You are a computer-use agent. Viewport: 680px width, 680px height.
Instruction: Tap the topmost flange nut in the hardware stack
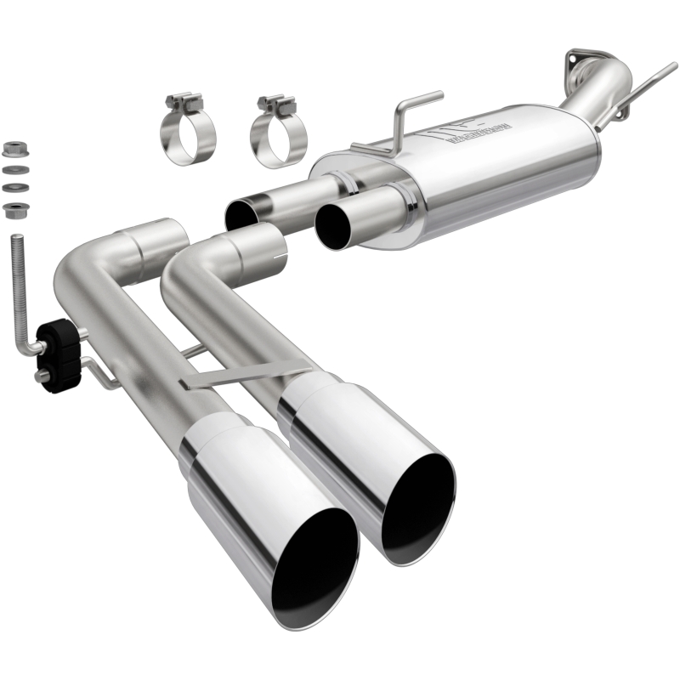coord(13,150)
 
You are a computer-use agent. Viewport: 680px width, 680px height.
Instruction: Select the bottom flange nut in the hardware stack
coord(13,209)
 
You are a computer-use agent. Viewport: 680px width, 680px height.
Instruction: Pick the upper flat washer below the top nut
coord(13,171)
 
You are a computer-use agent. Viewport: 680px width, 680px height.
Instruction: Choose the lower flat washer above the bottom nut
coord(13,188)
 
